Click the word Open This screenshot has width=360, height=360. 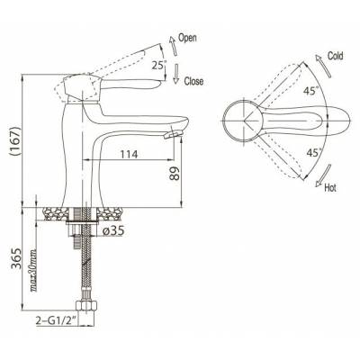[x=187, y=38]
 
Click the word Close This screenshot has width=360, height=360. [x=193, y=81]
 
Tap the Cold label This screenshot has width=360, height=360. [x=335, y=56]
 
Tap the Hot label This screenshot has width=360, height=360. [x=330, y=188]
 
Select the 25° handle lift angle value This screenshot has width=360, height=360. [x=158, y=65]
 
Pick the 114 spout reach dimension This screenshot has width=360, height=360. [x=129, y=154]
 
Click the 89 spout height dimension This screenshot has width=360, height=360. [x=175, y=173]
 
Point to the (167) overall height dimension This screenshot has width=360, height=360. [x=15, y=140]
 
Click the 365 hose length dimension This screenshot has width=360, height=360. [x=15, y=258]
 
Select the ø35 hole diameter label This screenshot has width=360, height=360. [x=113, y=230]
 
